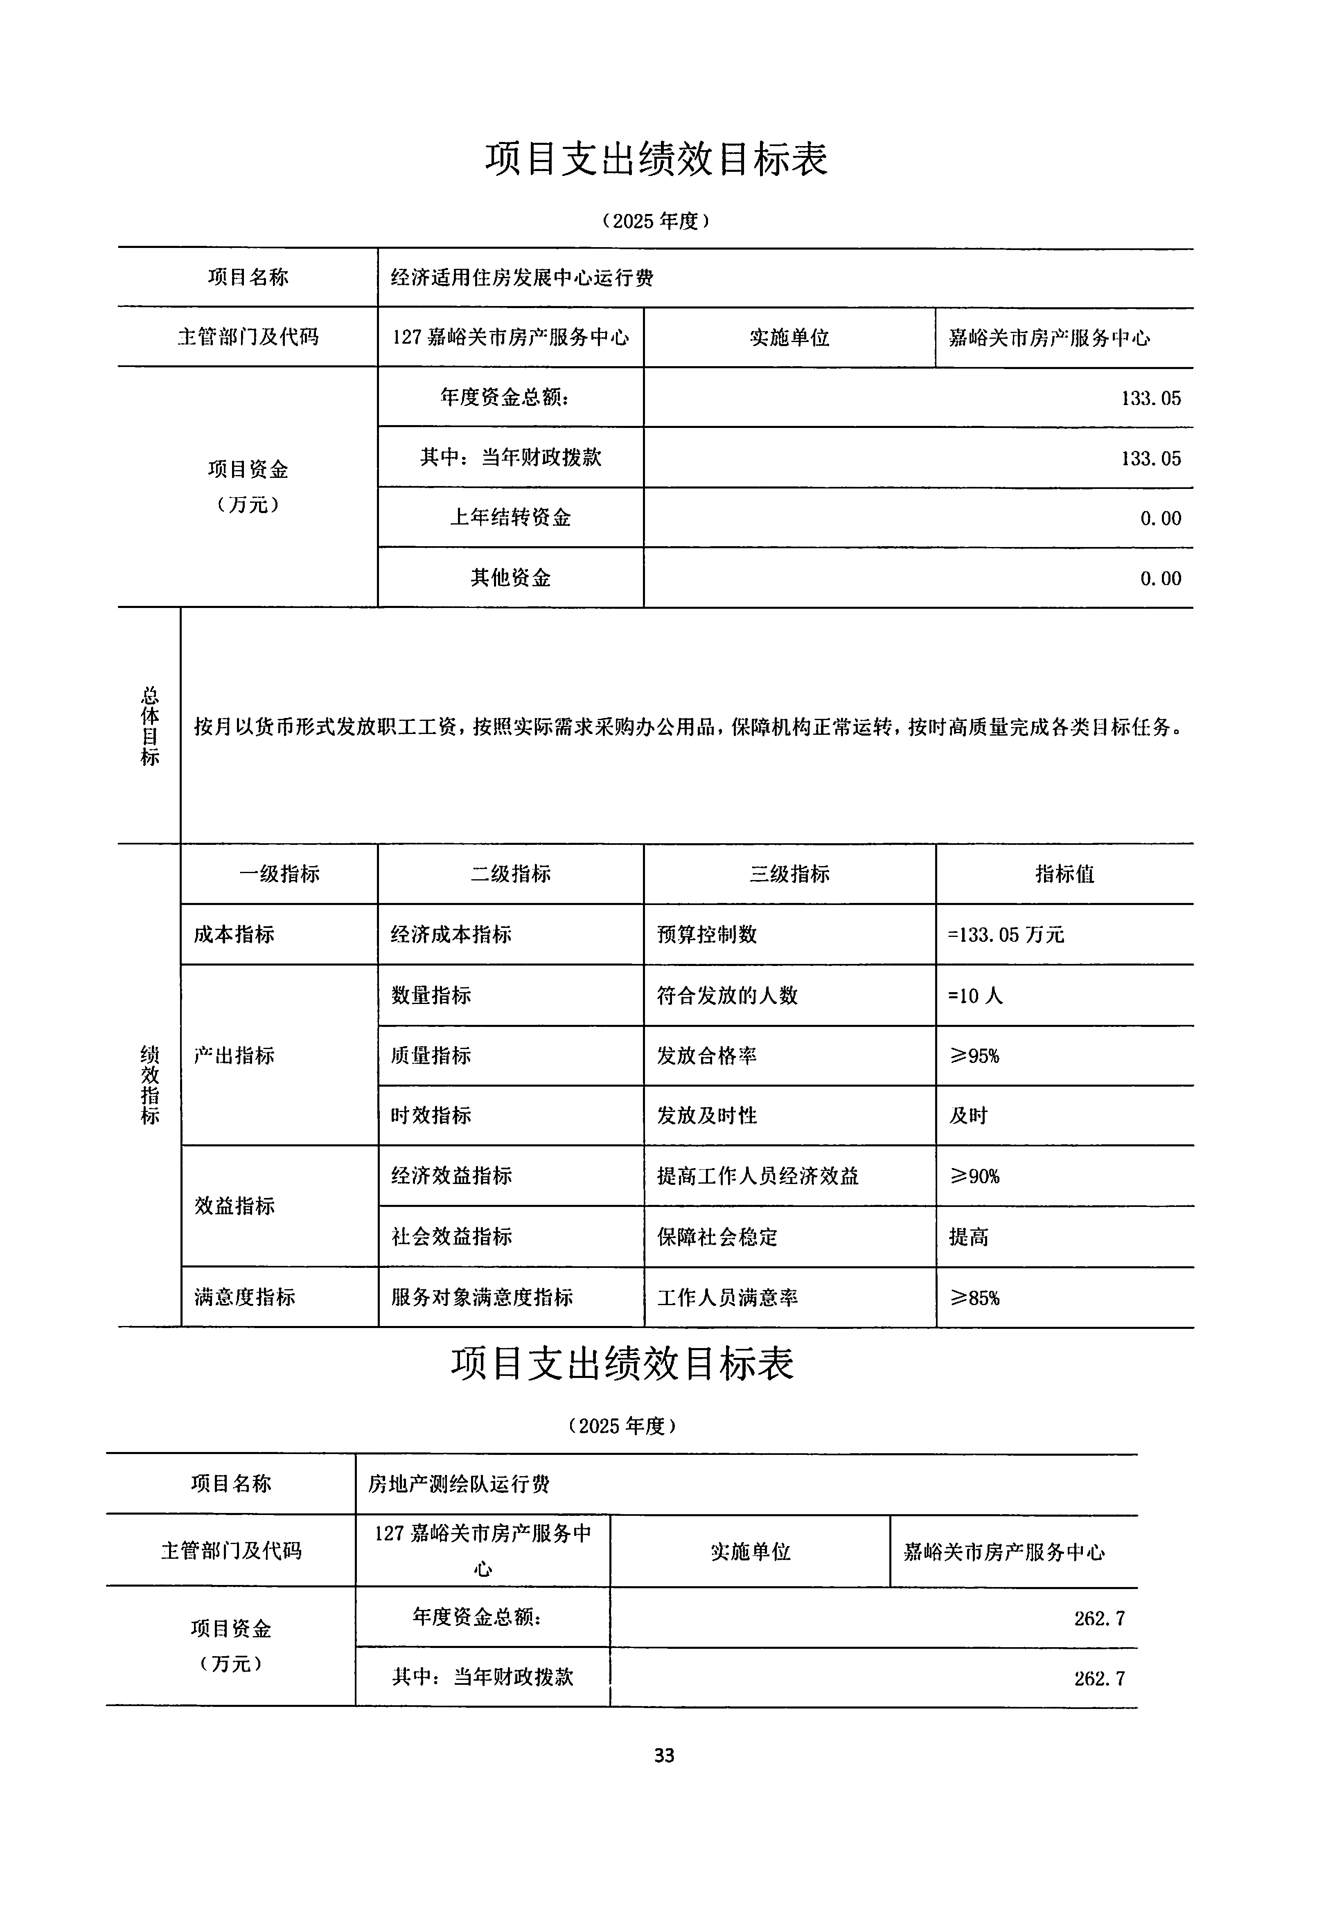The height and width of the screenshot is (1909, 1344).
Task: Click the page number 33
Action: coord(664,1755)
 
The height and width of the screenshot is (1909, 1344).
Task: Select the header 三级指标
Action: coord(789,874)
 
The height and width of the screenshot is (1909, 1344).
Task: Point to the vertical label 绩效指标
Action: coord(150,1085)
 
